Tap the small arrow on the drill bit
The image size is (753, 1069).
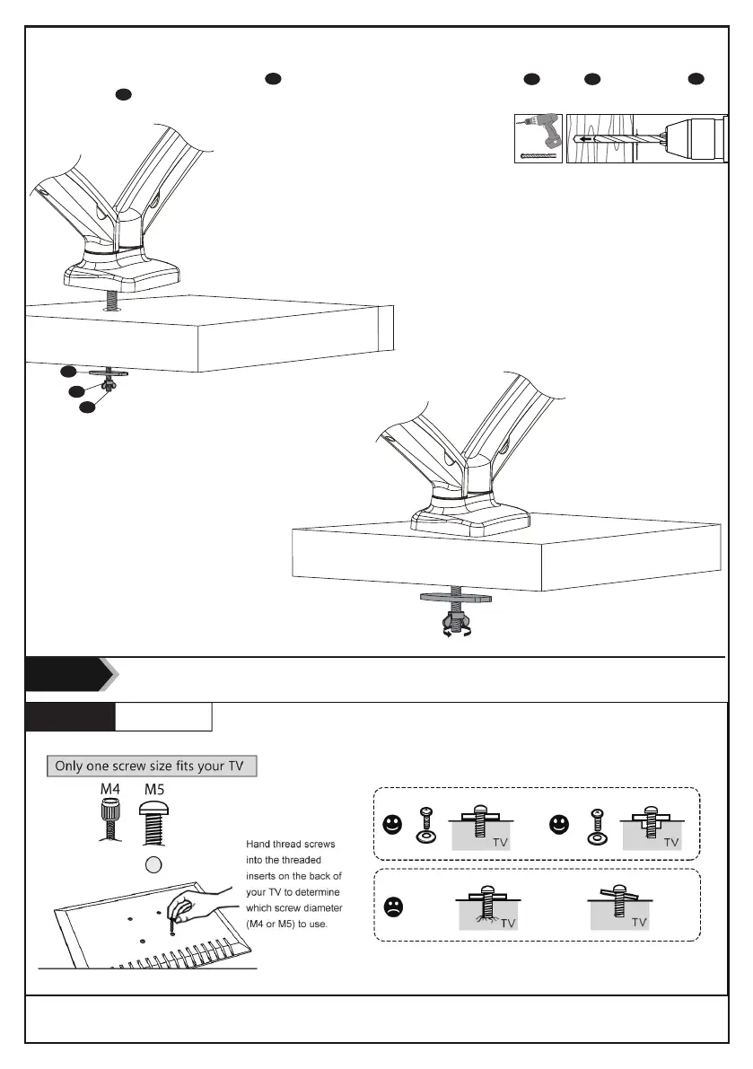(x=587, y=139)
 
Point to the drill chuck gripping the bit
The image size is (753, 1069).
(x=692, y=138)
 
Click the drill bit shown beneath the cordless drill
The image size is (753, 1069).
(x=539, y=155)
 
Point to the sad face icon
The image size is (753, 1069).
(x=392, y=907)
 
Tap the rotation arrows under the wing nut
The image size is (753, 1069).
(x=456, y=633)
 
